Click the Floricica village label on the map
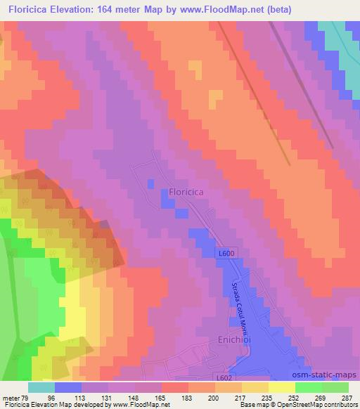[x=189, y=190]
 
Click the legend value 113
[x=88, y=397]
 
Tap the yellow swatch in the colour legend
[x=282, y=387]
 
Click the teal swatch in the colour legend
[x=41, y=387]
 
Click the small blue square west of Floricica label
[x=150, y=183]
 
